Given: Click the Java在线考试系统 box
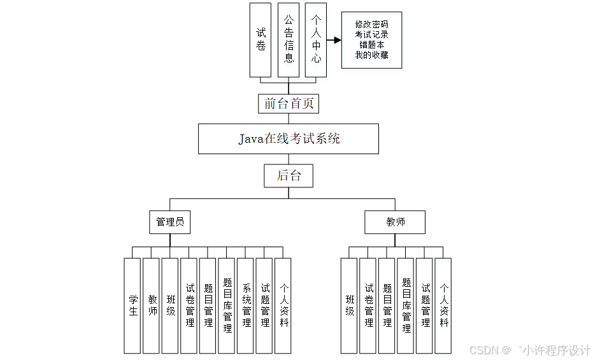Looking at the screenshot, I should click(289, 139).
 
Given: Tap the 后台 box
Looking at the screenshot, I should click(289, 175).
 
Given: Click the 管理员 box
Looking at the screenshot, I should click(170, 222).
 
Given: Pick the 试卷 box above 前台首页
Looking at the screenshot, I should click(261, 40).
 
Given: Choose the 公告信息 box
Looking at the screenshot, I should click(289, 40).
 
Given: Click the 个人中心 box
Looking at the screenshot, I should click(316, 40).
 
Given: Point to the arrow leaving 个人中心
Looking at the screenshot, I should click(334, 40).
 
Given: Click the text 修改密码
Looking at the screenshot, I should click(371, 24).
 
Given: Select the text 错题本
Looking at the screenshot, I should click(371, 45).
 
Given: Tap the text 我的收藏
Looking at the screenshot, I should click(371, 55).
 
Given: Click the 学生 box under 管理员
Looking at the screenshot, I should click(132, 305).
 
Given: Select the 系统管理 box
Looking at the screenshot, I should click(246, 305).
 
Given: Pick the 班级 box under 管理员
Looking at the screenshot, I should click(170, 305).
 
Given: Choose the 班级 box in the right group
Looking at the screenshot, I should click(349, 305).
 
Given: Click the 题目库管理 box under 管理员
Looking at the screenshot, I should click(227, 305).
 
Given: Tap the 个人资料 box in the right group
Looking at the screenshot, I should click(443, 305).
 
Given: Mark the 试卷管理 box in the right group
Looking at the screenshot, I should click(368, 305).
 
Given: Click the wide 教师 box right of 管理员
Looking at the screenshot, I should click(395, 222).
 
